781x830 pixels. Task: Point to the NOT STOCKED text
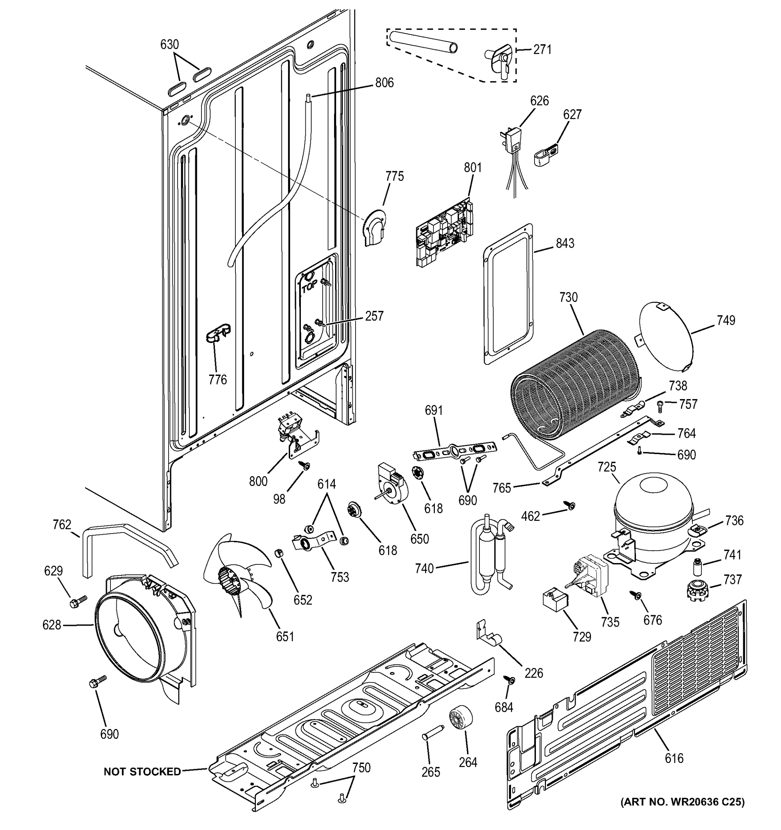(x=142, y=772)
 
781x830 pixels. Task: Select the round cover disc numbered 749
(x=666, y=336)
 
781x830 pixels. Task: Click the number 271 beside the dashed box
(x=542, y=50)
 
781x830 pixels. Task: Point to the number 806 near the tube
(x=384, y=83)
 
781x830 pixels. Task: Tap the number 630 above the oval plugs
(x=170, y=44)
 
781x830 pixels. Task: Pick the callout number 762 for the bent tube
(x=62, y=524)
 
